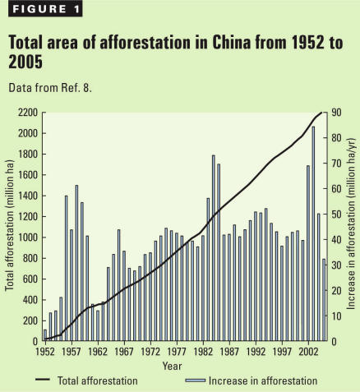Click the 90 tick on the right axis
coord(336,113)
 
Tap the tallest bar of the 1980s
coord(213,247)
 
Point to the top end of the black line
coord(322,113)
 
